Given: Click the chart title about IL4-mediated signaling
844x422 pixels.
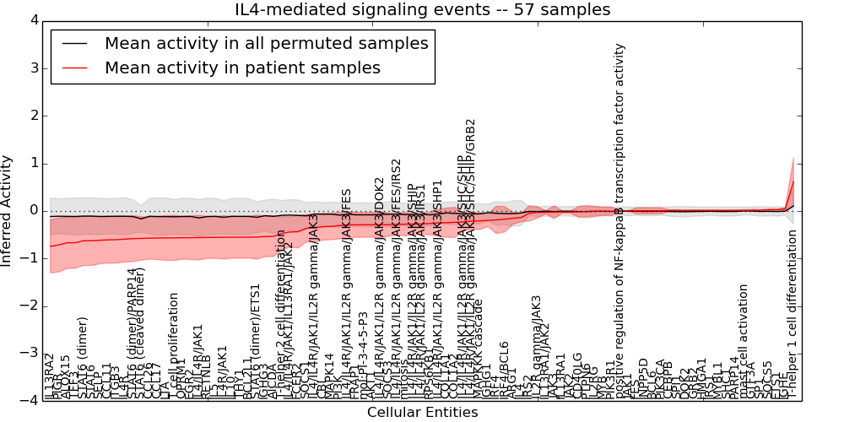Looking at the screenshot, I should [422, 10].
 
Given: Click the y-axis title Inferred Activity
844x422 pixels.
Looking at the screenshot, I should [8, 210].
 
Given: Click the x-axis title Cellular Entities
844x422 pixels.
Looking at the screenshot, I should [422, 413].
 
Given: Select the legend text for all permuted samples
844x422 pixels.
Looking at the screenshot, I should [266, 43].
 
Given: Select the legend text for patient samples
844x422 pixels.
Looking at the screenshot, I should [242, 68].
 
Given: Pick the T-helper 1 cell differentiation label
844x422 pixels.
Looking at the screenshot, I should [793, 312].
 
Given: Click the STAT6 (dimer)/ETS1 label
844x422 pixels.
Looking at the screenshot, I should [255, 341].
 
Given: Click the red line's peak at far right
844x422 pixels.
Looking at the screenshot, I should [793, 181].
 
